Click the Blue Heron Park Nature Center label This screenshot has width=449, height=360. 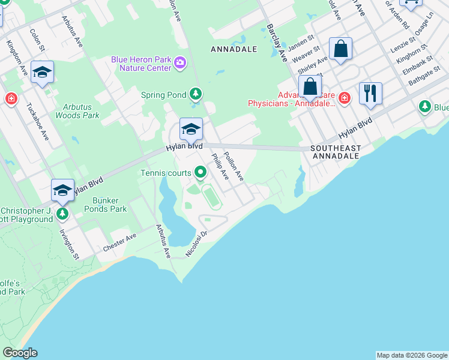[140, 63]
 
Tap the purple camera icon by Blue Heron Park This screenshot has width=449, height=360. [179, 62]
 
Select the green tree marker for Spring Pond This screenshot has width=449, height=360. [195, 94]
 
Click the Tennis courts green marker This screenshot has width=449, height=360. [200, 173]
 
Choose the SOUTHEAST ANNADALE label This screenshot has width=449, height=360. [335, 152]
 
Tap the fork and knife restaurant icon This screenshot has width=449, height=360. [370, 93]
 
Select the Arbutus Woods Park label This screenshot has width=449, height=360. [77, 111]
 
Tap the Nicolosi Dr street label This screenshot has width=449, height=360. [196, 245]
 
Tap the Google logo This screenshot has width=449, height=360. [20, 353]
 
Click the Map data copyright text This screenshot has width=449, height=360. [412, 355]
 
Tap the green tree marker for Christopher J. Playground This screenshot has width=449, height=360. [61, 213]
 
